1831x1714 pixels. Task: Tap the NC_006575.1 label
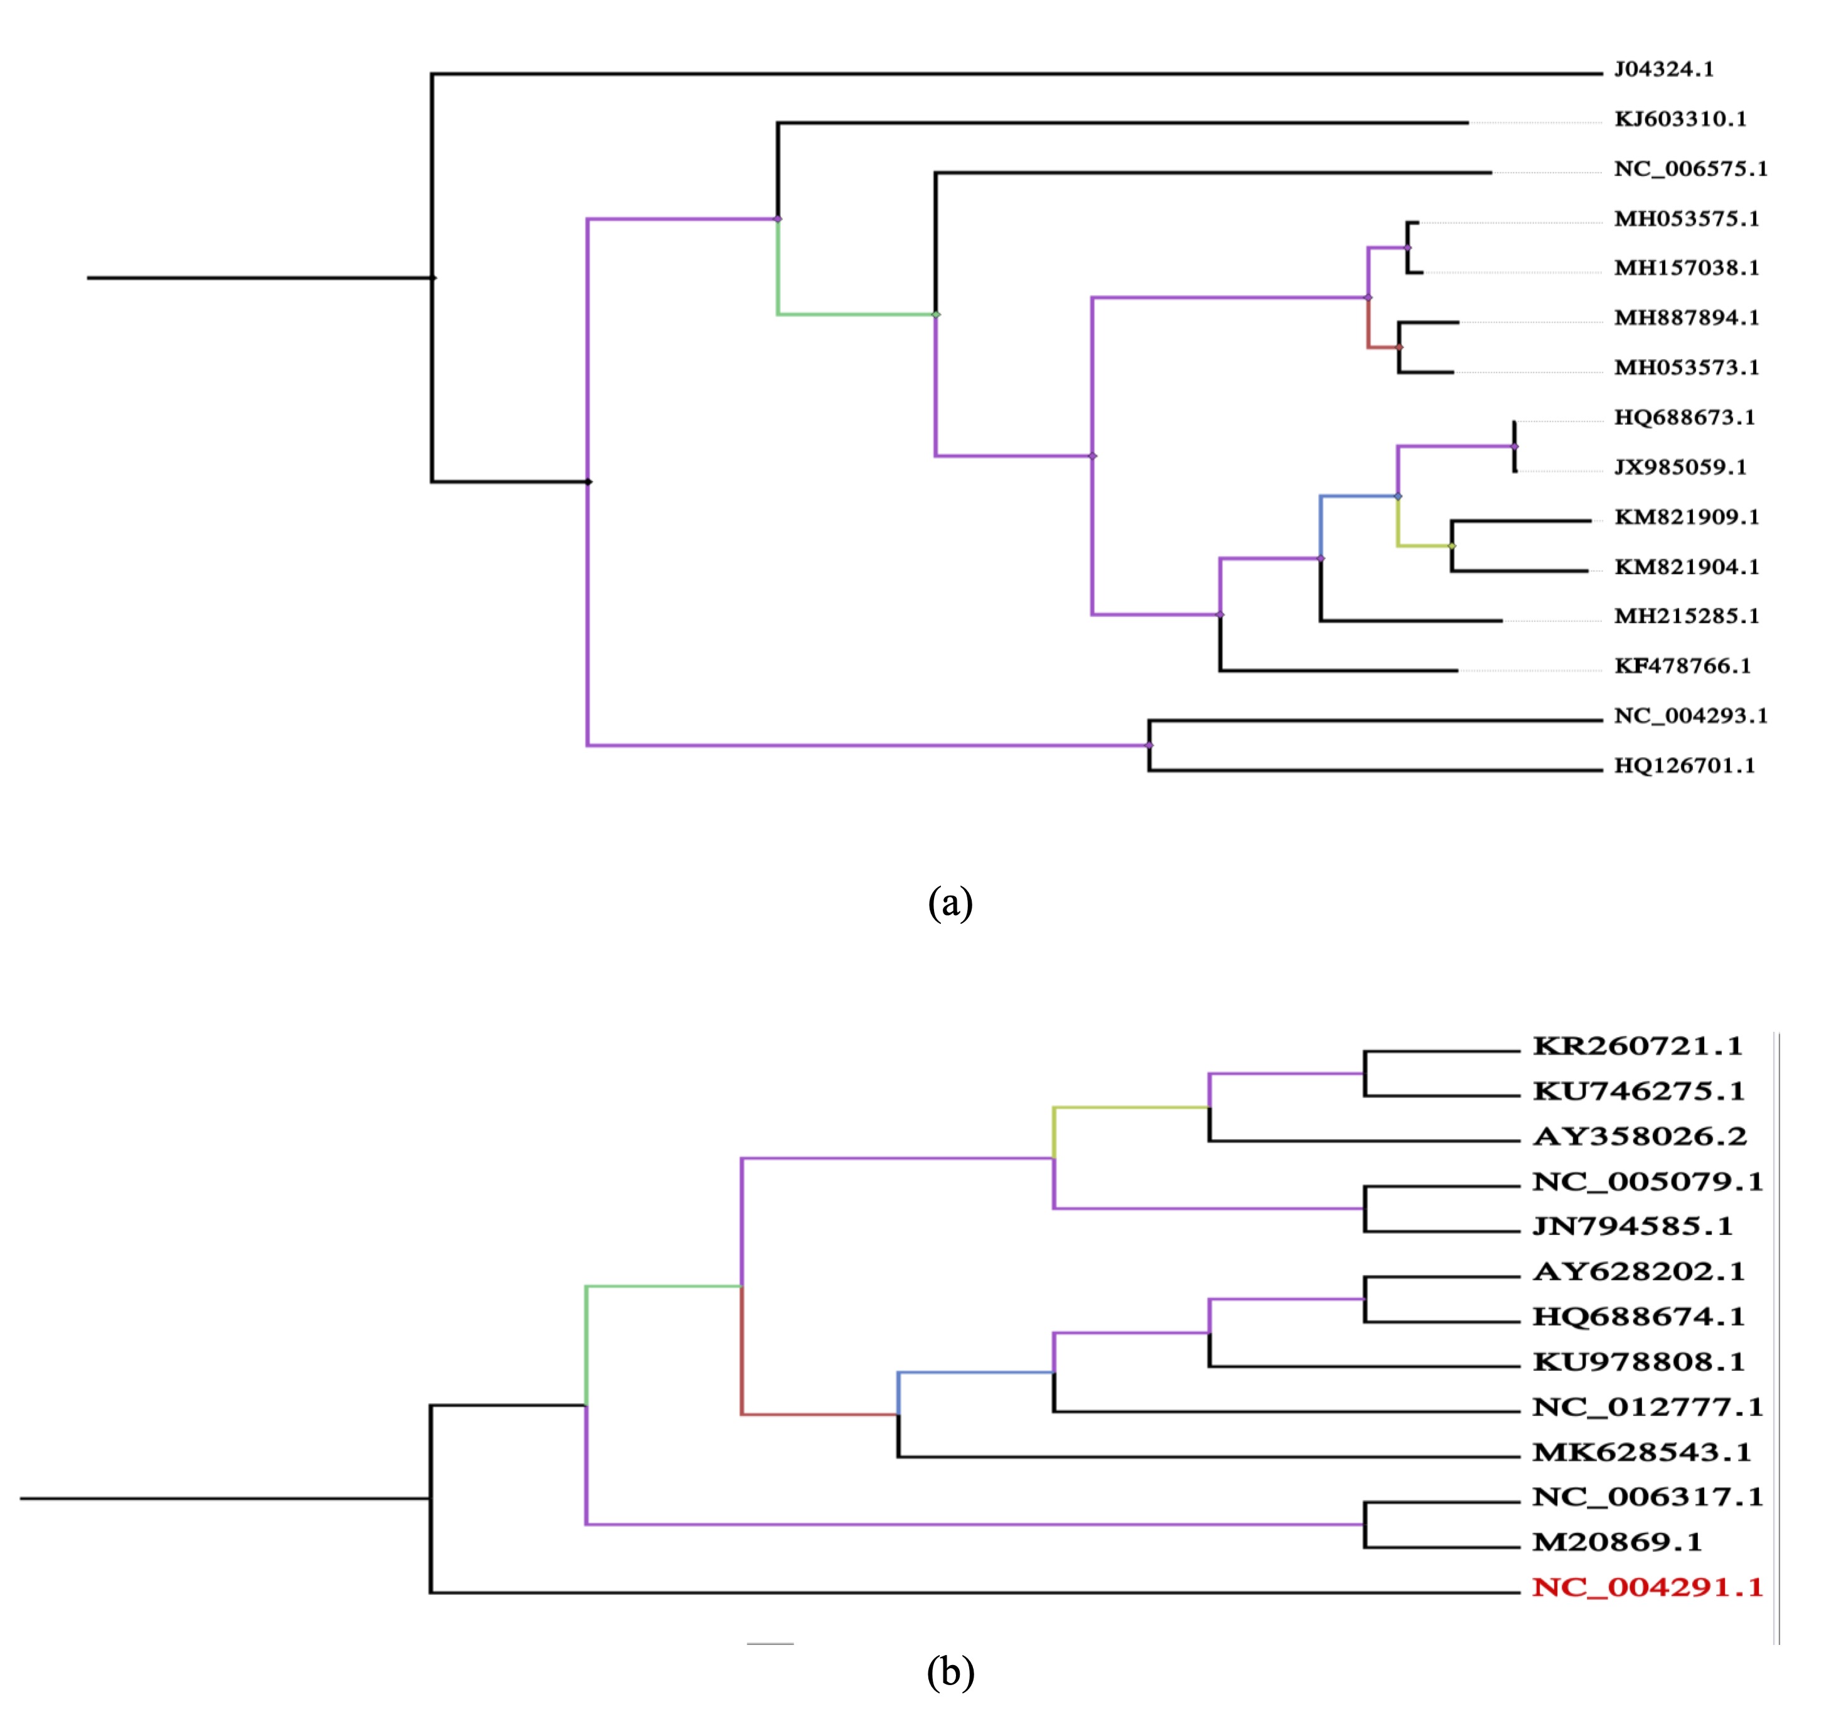1690,169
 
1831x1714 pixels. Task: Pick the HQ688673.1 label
1685,418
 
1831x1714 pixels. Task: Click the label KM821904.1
1687,567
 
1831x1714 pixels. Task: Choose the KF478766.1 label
1682,667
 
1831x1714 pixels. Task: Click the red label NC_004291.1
1648,1587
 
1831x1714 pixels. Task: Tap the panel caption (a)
950,902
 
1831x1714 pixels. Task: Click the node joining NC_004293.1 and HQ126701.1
1149,745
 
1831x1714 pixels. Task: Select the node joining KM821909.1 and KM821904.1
1452,546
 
